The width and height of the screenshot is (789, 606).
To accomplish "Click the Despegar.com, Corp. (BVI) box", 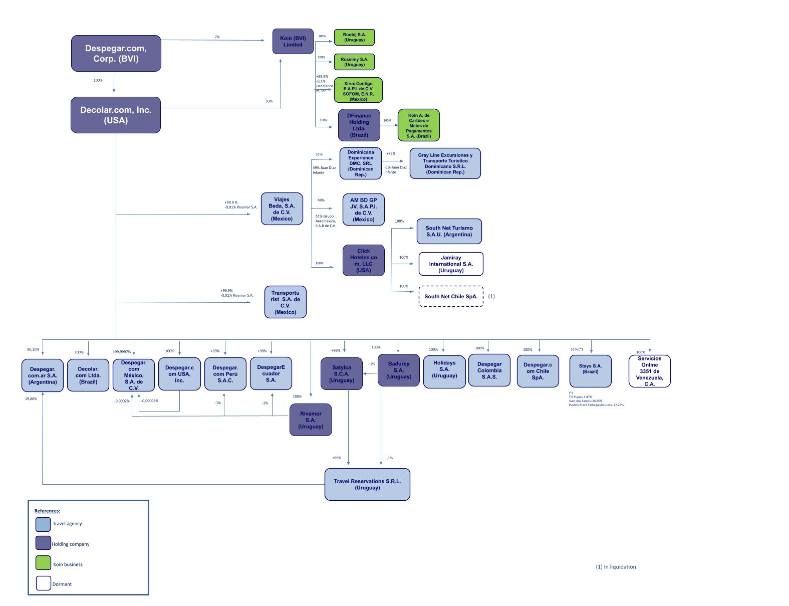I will (116, 53).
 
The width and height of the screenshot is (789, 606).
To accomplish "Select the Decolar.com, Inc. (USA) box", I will (116, 115).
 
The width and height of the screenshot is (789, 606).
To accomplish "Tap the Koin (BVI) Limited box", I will (293, 41).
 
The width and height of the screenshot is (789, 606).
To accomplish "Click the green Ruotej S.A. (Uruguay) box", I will (354, 37).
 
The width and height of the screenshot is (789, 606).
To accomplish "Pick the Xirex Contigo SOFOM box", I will (358, 90).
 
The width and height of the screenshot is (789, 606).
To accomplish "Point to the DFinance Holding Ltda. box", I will (359, 125).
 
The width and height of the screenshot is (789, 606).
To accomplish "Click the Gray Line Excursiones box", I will (445, 163).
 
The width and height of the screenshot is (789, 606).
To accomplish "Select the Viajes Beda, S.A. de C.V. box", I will (282, 209).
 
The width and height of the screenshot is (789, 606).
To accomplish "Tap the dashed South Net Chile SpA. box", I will (451, 296).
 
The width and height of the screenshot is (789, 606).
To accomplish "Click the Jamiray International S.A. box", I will (451, 264).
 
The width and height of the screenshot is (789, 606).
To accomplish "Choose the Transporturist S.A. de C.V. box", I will (285, 302).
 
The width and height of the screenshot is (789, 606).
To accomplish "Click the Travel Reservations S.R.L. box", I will (367, 484).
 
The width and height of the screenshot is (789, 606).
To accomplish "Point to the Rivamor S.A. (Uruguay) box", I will (311, 420).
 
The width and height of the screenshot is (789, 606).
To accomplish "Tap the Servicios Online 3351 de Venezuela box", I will (649, 371).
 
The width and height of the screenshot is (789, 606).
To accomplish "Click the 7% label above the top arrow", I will (217, 37).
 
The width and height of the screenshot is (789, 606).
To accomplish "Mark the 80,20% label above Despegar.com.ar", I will (33, 349).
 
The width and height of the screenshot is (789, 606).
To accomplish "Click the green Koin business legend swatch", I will (43, 563).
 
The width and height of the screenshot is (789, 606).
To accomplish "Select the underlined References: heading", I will (47, 511).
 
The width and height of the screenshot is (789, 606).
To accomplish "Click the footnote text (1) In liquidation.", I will (616, 567).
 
